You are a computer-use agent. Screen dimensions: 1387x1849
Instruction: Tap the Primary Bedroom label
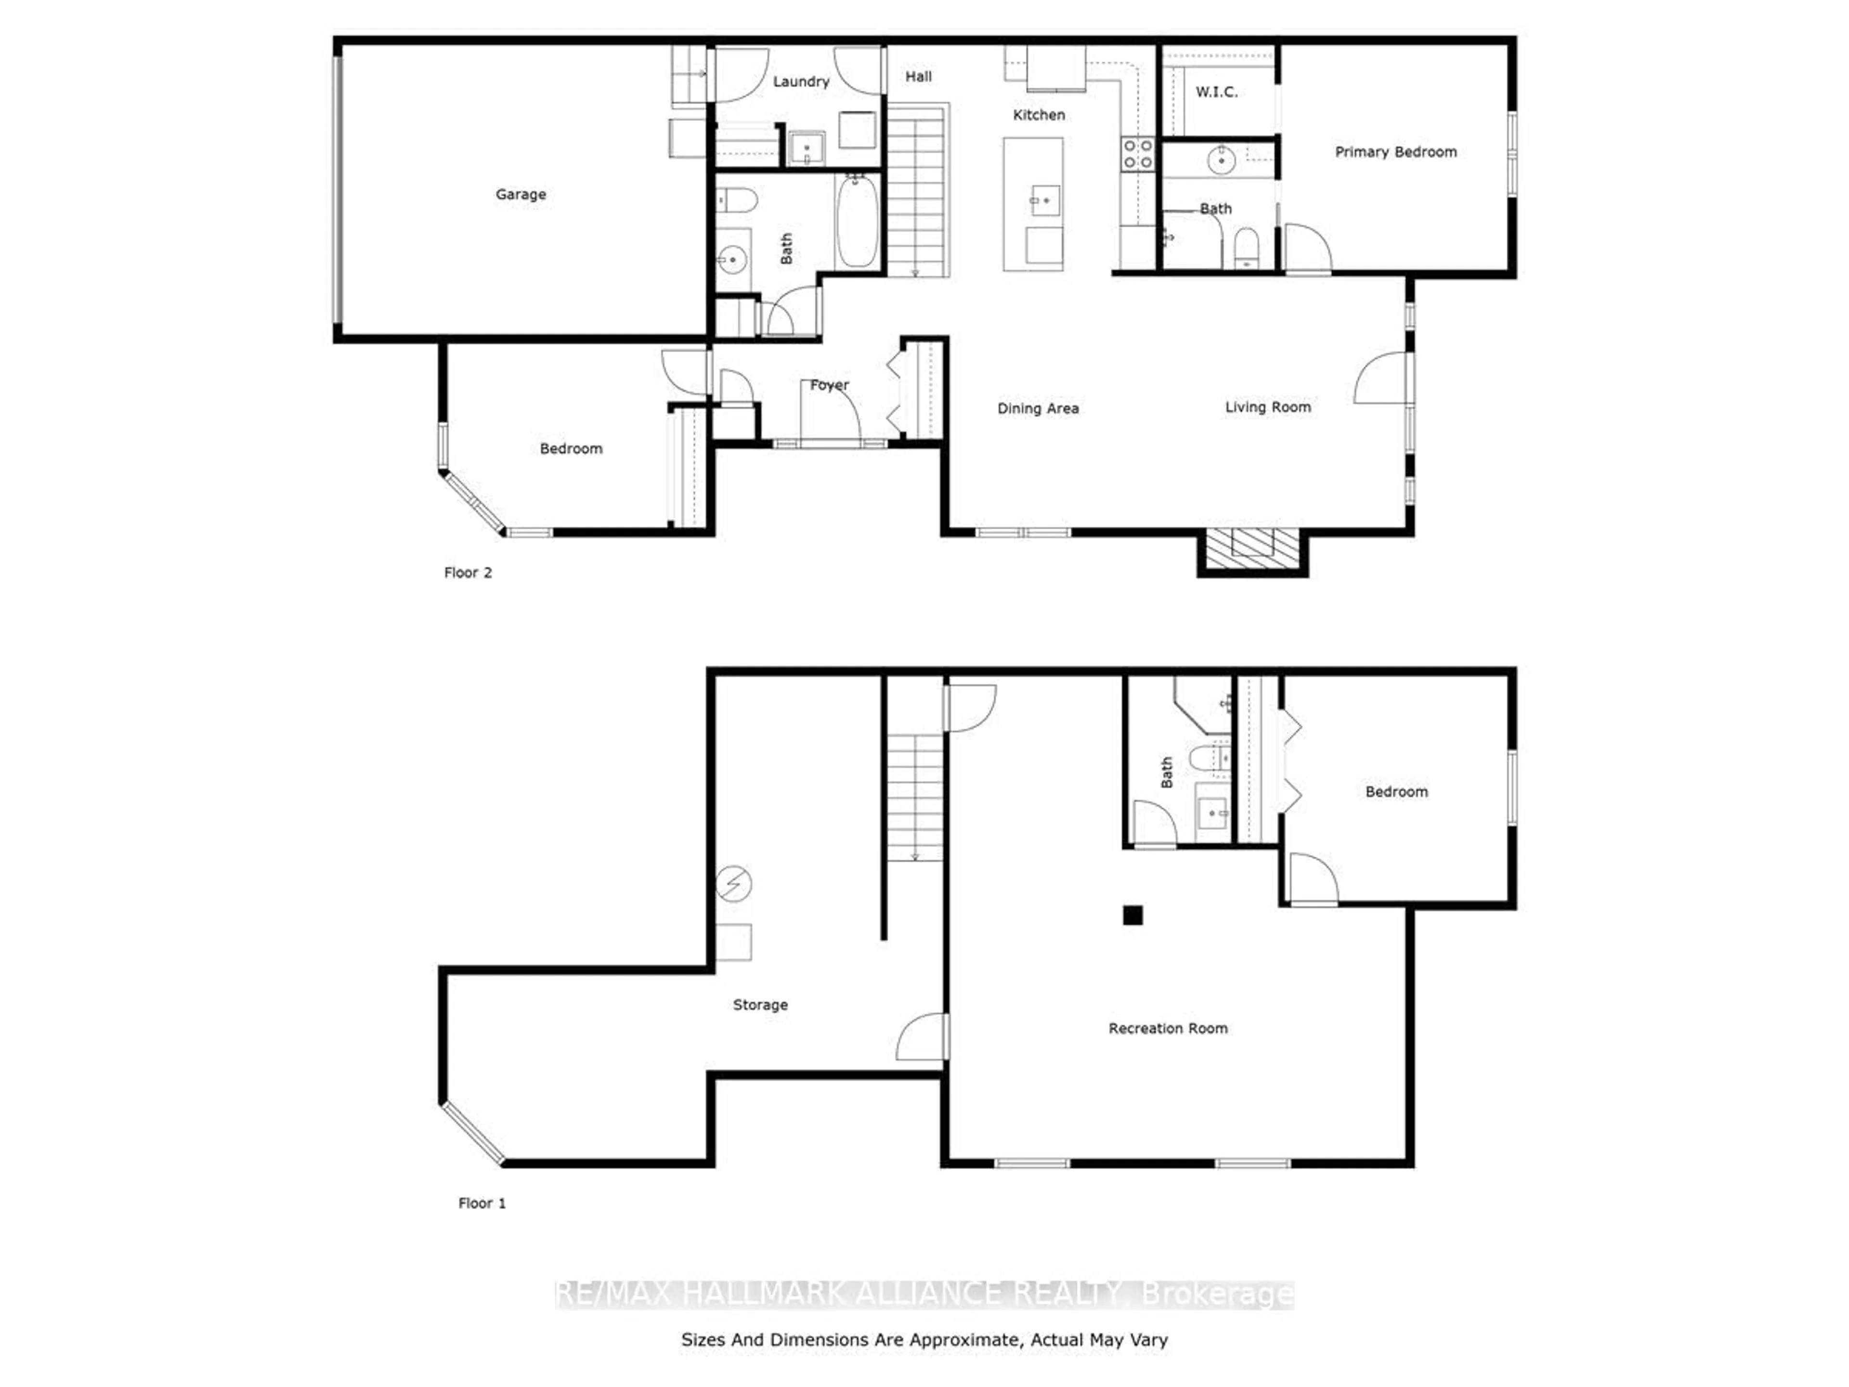[1395, 151]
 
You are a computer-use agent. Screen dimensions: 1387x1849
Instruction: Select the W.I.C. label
[1216, 92]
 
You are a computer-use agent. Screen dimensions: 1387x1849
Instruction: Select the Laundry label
[801, 81]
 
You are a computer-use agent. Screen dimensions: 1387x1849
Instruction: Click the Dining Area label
[1037, 408]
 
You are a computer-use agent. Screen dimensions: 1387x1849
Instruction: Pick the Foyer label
[829, 385]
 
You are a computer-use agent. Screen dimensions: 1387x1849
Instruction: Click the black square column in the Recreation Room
[1133, 916]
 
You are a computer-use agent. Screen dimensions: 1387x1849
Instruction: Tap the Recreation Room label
[1168, 1028]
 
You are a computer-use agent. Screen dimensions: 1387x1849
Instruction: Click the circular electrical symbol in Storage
[734, 883]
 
